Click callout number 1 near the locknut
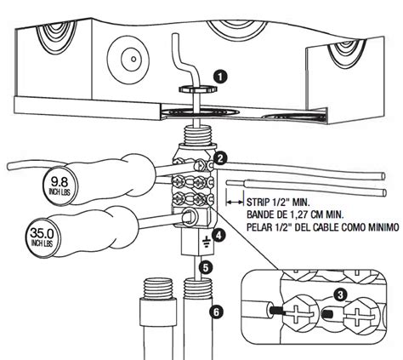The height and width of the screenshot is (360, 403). tap(221, 77)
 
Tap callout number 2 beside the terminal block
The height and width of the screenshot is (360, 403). tap(220, 158)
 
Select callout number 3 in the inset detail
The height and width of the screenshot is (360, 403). tap(340, 295)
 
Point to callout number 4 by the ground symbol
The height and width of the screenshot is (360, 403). tap(219, 235)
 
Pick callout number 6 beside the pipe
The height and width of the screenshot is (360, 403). tap(216, 312)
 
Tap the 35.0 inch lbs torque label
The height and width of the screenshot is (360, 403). tap(42, 237)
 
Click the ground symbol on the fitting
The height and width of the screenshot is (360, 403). tap(206, 242)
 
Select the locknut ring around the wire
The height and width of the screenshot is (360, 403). tap(197, 89)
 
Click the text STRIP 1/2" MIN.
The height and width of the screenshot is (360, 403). tap(278, 203)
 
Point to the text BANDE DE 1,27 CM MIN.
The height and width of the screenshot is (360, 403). tap(295, 214)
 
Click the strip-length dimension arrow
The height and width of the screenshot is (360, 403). tap(235, 203)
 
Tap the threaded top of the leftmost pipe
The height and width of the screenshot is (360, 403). tap(158, 289)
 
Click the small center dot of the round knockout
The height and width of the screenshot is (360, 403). tap(133, 60)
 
